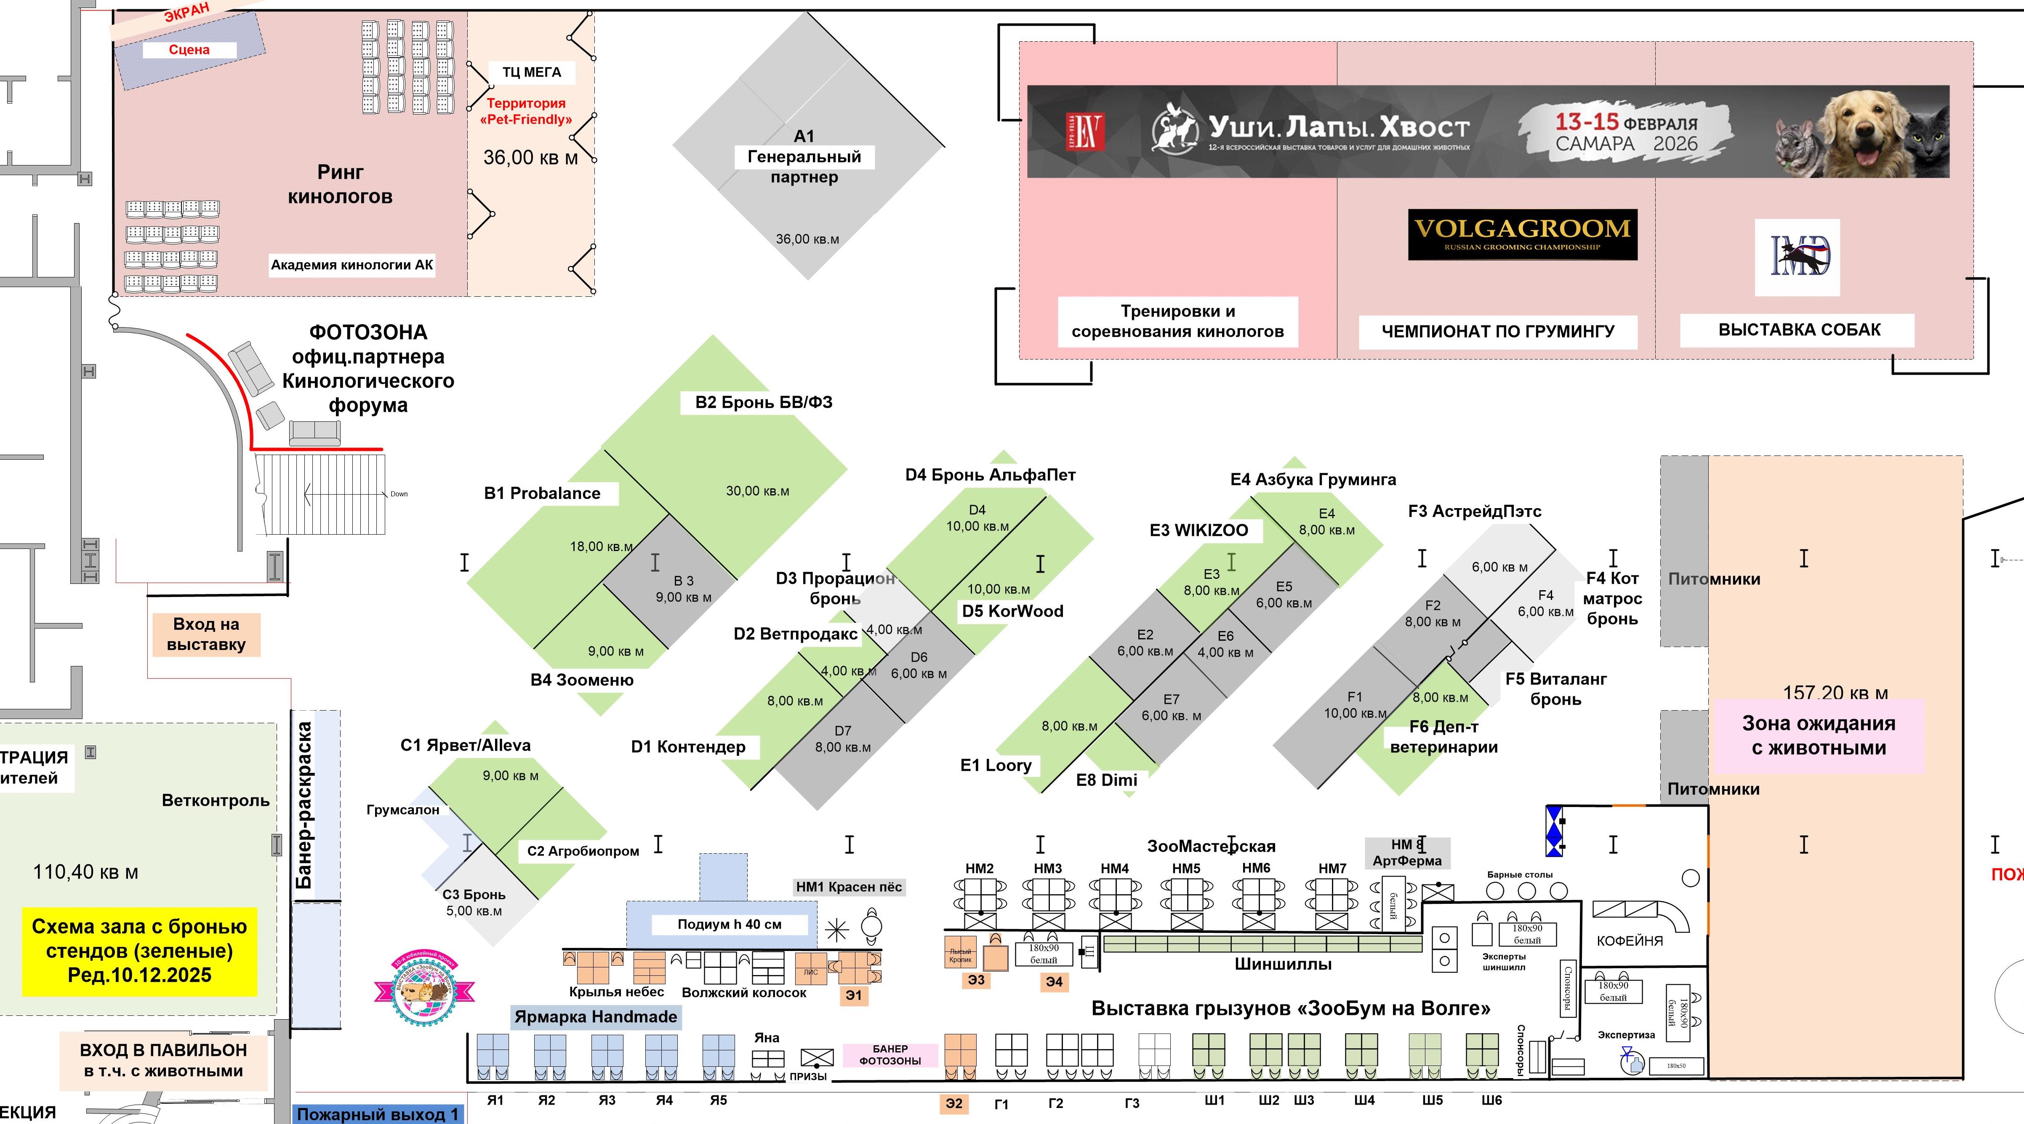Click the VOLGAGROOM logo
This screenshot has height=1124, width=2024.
tap(1522, 234)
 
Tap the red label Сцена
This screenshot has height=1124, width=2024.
tap(189, 50)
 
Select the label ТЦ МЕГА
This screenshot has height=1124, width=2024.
tap(532, 72)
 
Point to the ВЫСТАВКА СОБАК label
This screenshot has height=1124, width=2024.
tap(1798, 330)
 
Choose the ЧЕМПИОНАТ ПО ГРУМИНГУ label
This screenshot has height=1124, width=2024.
tap(1497, 331)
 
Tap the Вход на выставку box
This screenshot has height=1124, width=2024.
tap(206, 635)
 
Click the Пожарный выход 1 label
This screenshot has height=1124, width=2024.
tap(377, 1114)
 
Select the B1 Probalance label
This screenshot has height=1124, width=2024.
tap(542, 493)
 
